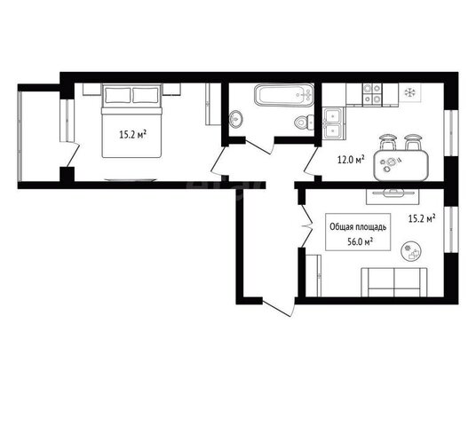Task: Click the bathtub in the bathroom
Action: click(284, 95)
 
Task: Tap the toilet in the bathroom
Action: click(305, 122)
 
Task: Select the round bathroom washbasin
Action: click(236, 118)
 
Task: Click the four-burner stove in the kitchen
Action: click(372, 95)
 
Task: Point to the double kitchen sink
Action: click(333, 122)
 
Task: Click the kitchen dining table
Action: click(401, 165)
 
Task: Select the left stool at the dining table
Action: click(388, 142)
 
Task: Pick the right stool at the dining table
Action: click(413, 142)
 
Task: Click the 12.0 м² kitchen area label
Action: click(351, 159)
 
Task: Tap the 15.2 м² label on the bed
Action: click(133, 134)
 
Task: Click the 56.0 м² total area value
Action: click(360, 241)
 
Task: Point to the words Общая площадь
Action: click(358, 227)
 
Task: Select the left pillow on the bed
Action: click(118, 95)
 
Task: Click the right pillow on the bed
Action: click(146, 95)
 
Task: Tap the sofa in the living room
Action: click(394, 282)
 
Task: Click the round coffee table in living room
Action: click(411, 251)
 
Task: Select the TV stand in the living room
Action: click(393, 197)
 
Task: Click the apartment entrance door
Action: click(278, 307)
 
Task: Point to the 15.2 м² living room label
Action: click(422, 218)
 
